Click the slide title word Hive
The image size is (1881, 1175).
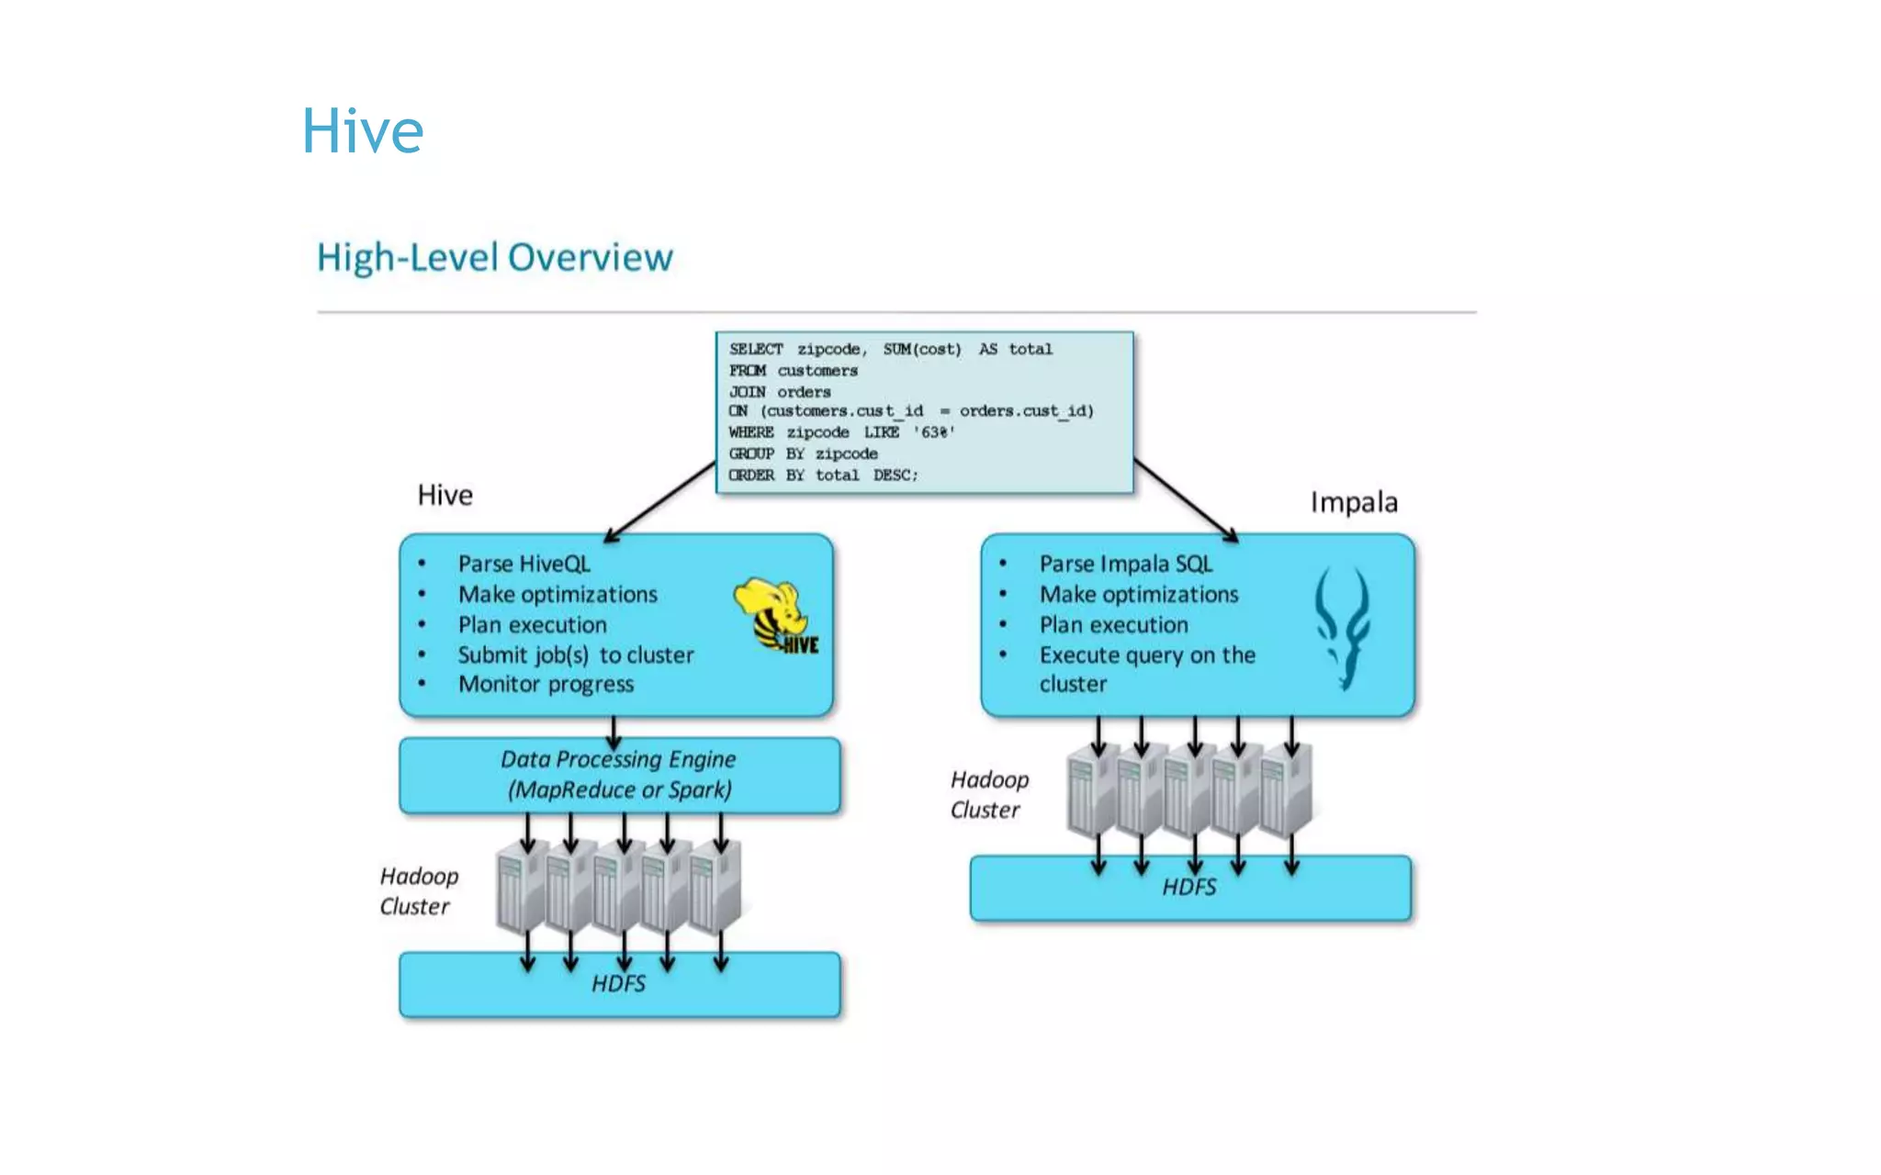363,130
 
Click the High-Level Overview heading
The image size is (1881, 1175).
494,257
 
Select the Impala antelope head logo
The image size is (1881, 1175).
1343,628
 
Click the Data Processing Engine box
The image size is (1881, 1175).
619,775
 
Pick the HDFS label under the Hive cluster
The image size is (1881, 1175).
618,984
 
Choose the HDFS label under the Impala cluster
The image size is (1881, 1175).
1189,887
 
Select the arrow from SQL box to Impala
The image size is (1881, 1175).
1186,499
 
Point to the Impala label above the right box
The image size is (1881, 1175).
1354,502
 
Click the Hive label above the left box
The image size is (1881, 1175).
445,495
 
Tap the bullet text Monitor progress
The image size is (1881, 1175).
546,684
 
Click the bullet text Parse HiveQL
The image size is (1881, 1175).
524,564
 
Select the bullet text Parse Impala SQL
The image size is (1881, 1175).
1125,564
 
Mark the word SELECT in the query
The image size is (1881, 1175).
756,350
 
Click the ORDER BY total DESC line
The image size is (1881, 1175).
823,476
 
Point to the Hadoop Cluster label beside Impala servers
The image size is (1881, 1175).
988,795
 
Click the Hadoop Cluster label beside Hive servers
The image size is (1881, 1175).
418,891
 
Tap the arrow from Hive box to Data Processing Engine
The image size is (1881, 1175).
614,732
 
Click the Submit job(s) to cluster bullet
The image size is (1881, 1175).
575,655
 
